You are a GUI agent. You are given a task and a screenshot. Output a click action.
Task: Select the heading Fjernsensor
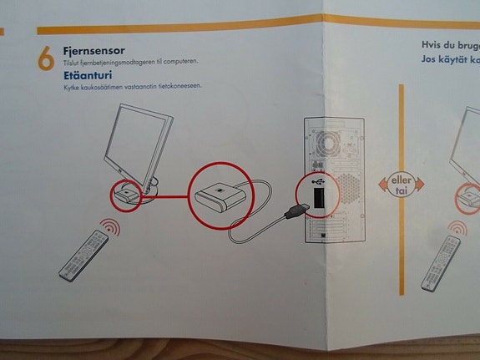coord(94,52)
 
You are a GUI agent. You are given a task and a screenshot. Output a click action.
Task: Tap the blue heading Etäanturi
coord(88,75)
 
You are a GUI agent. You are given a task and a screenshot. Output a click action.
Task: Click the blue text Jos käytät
coord(447,60)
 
